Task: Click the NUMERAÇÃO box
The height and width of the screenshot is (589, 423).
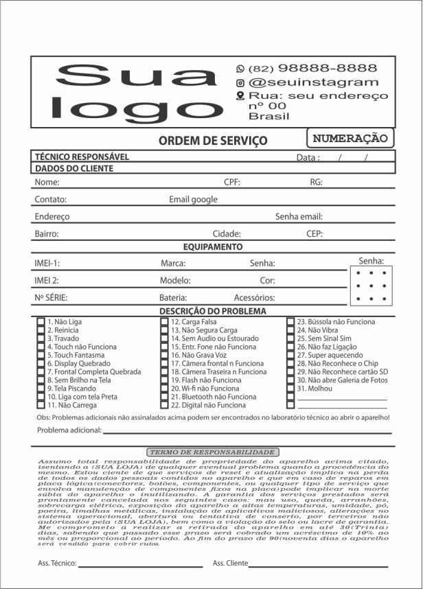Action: [x=350, y=138]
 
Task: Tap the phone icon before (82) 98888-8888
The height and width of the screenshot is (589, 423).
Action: [x=240, y=69]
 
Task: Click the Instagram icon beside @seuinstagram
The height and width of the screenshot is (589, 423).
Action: [x=240, y=82]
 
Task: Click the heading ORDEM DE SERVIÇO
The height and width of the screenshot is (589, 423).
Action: [x=213, y=141]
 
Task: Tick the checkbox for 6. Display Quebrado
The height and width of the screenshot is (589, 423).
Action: [x=41, y=364]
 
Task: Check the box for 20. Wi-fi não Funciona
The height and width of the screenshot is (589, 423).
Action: [x=165, y=389]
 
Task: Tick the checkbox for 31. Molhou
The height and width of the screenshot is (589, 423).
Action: [x=290, y=389]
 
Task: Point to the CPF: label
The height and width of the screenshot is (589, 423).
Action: [x=232, y=183]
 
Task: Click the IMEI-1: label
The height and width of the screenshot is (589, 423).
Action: [x=47, y=264]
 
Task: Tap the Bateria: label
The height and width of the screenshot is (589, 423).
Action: [x=173, y=298]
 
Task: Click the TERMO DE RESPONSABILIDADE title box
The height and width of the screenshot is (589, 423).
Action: [x=212, y=452]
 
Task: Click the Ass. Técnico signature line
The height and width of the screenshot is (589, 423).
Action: [x=140, y=567]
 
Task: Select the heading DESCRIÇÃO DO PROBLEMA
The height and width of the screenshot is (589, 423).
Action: [x=213, y=311]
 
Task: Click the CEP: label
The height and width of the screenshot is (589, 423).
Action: [x=315, y=234]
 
